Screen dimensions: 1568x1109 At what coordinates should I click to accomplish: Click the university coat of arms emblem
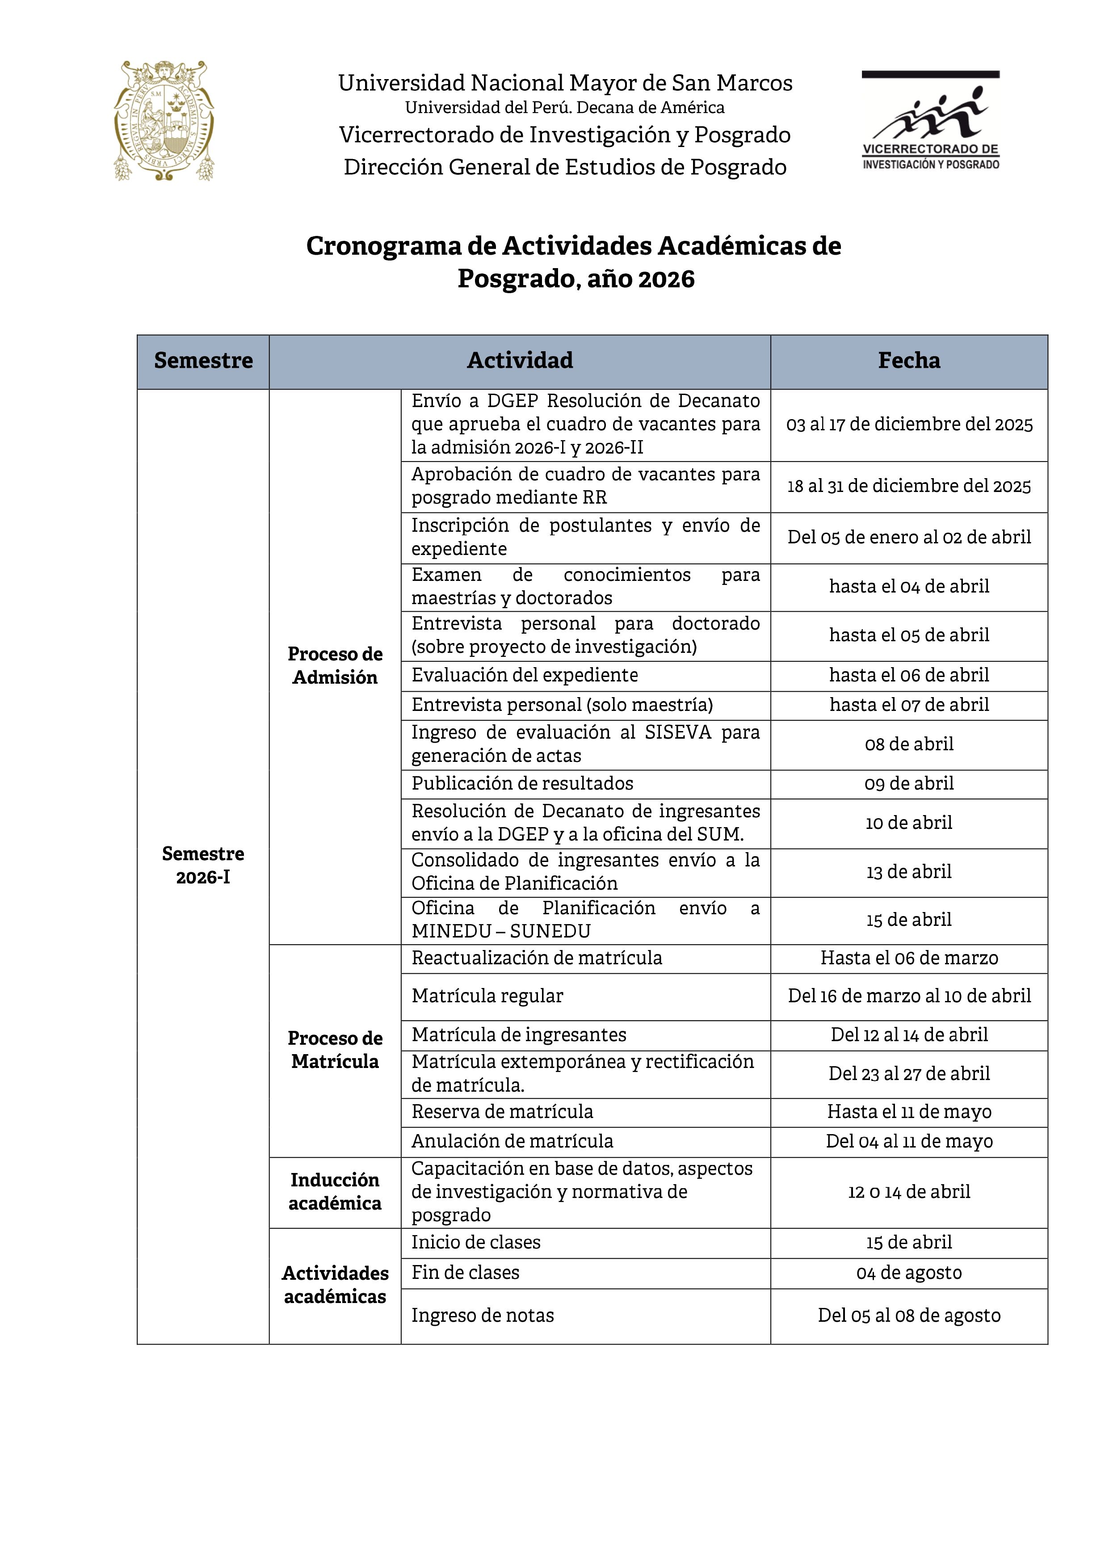point(164,121)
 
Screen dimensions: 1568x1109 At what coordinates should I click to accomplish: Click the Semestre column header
point(203,361)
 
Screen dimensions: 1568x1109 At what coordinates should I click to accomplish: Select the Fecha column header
point(908,361)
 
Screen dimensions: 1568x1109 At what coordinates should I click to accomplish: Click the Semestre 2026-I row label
point(203,865)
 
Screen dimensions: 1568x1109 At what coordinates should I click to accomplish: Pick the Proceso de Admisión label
point(335,665)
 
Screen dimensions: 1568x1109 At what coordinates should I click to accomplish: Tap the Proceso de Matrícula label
point(335,1050)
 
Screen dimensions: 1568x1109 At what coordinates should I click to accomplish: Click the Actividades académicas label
point(335,1285)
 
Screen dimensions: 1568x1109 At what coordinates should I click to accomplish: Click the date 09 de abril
point(908,783)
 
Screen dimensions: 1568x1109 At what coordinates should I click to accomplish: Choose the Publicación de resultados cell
point(522,783)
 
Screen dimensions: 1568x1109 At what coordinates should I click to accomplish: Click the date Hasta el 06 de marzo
point(908,958)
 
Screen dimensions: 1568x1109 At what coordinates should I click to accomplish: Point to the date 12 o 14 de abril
point(908,1192)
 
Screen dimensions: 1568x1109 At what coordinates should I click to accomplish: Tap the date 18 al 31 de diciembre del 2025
point(908,486)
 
